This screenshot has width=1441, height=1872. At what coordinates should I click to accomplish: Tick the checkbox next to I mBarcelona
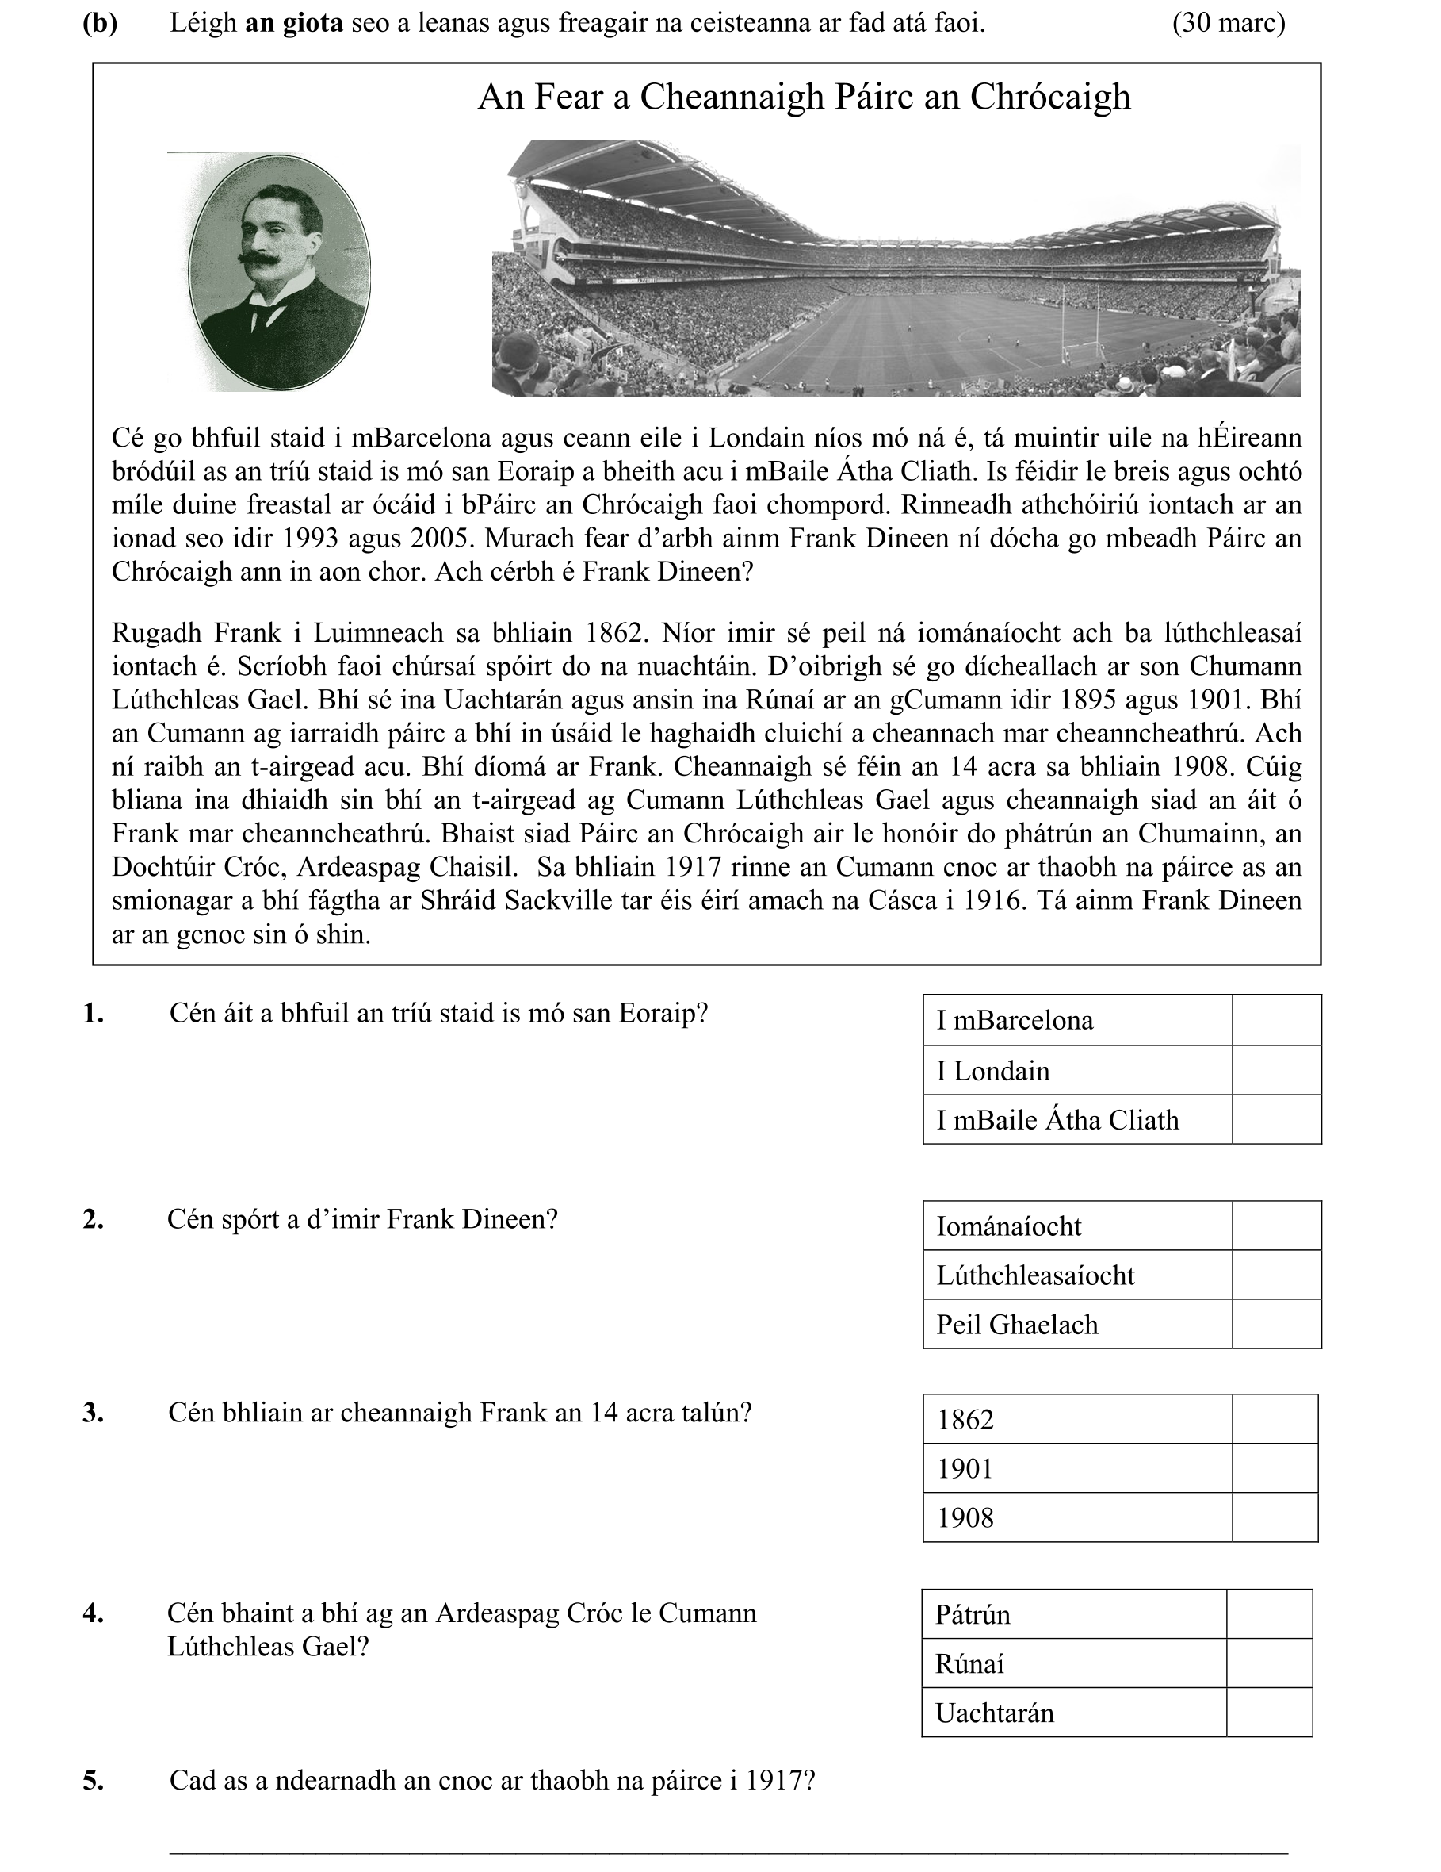pyautogui.click(x=1275, y=1020)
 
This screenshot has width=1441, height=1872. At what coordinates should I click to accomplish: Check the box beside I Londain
pyautogui.click(x=1275, y=1070)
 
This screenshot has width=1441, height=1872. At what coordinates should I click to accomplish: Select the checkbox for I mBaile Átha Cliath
pyautogui.click(x=1275, y=1119)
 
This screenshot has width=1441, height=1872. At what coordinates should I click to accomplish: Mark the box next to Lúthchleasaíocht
pyautogui.click(x=1275, y=1275)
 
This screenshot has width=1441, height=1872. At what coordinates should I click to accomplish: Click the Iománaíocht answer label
pyautogui.click(x=1008, y=1226)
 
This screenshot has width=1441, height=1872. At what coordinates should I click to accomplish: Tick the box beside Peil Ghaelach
pyautogui.click(x=1275, y=1325)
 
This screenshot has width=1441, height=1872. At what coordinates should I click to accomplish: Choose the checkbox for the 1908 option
pyautogui.click(x=1274, y=1518)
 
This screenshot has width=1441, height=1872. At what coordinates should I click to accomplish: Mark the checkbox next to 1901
pyautogui.click(x=1274, y=1469)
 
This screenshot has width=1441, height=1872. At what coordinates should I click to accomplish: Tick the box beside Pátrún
pyautogui.click(x=1269, y=1615)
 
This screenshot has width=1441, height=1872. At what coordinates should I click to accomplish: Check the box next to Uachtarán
pyautogui.click(x=1269, y=1713)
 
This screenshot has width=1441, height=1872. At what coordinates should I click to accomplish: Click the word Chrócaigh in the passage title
pyautogui.click(x=1049, y=97)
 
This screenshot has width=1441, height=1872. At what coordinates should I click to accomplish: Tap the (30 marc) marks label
pyautogui.click(x=1228, y=23)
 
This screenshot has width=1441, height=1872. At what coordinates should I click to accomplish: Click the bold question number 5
pyautogui.click(x=94, y=1781)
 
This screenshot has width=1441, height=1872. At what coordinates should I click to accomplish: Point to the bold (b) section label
pyautogui.click(x=99, y=23)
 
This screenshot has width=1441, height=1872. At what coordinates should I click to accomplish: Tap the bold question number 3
pyautogui.click(x=94, y=1414)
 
